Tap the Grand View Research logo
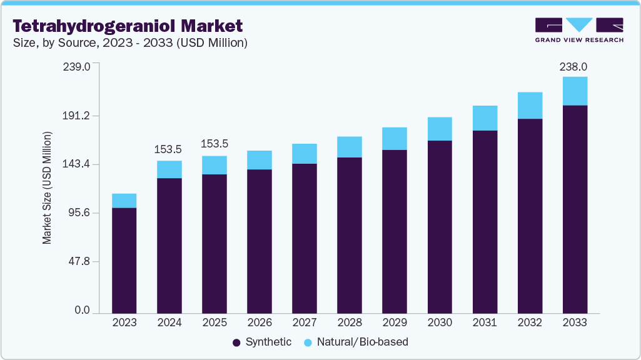click(x=579, y=30)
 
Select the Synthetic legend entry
click(x=262, y=342)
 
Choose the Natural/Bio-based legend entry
click(x=356, y=342)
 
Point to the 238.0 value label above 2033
click(x=574, y=66)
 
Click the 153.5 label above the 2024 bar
click(x=169, y=149)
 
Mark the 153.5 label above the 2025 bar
click(x=214, y=144)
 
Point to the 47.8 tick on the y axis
click(x=81, y=261)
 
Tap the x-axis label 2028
click(x=349, y=322)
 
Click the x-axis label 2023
click(x=124, y=322)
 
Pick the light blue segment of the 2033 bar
click(x=575, y=91)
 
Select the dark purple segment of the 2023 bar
click(x=124, y=259)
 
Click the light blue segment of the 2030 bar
click(x=440, y=129)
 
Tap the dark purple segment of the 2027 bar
click(x=304, y=237)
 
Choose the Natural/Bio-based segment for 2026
click(x=259, y=160)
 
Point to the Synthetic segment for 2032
click(x=530, y=216)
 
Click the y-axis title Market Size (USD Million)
click(x=47, y=187)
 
